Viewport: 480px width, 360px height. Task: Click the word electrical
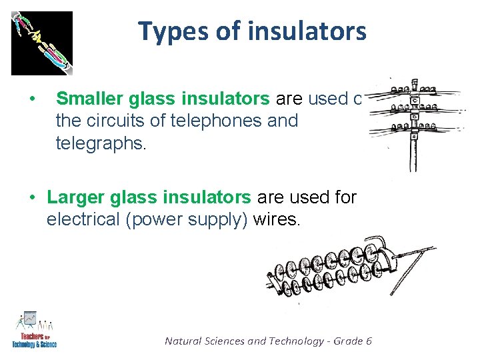click(84, 219)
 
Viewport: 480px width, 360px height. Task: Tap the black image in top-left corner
click(41, 43)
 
